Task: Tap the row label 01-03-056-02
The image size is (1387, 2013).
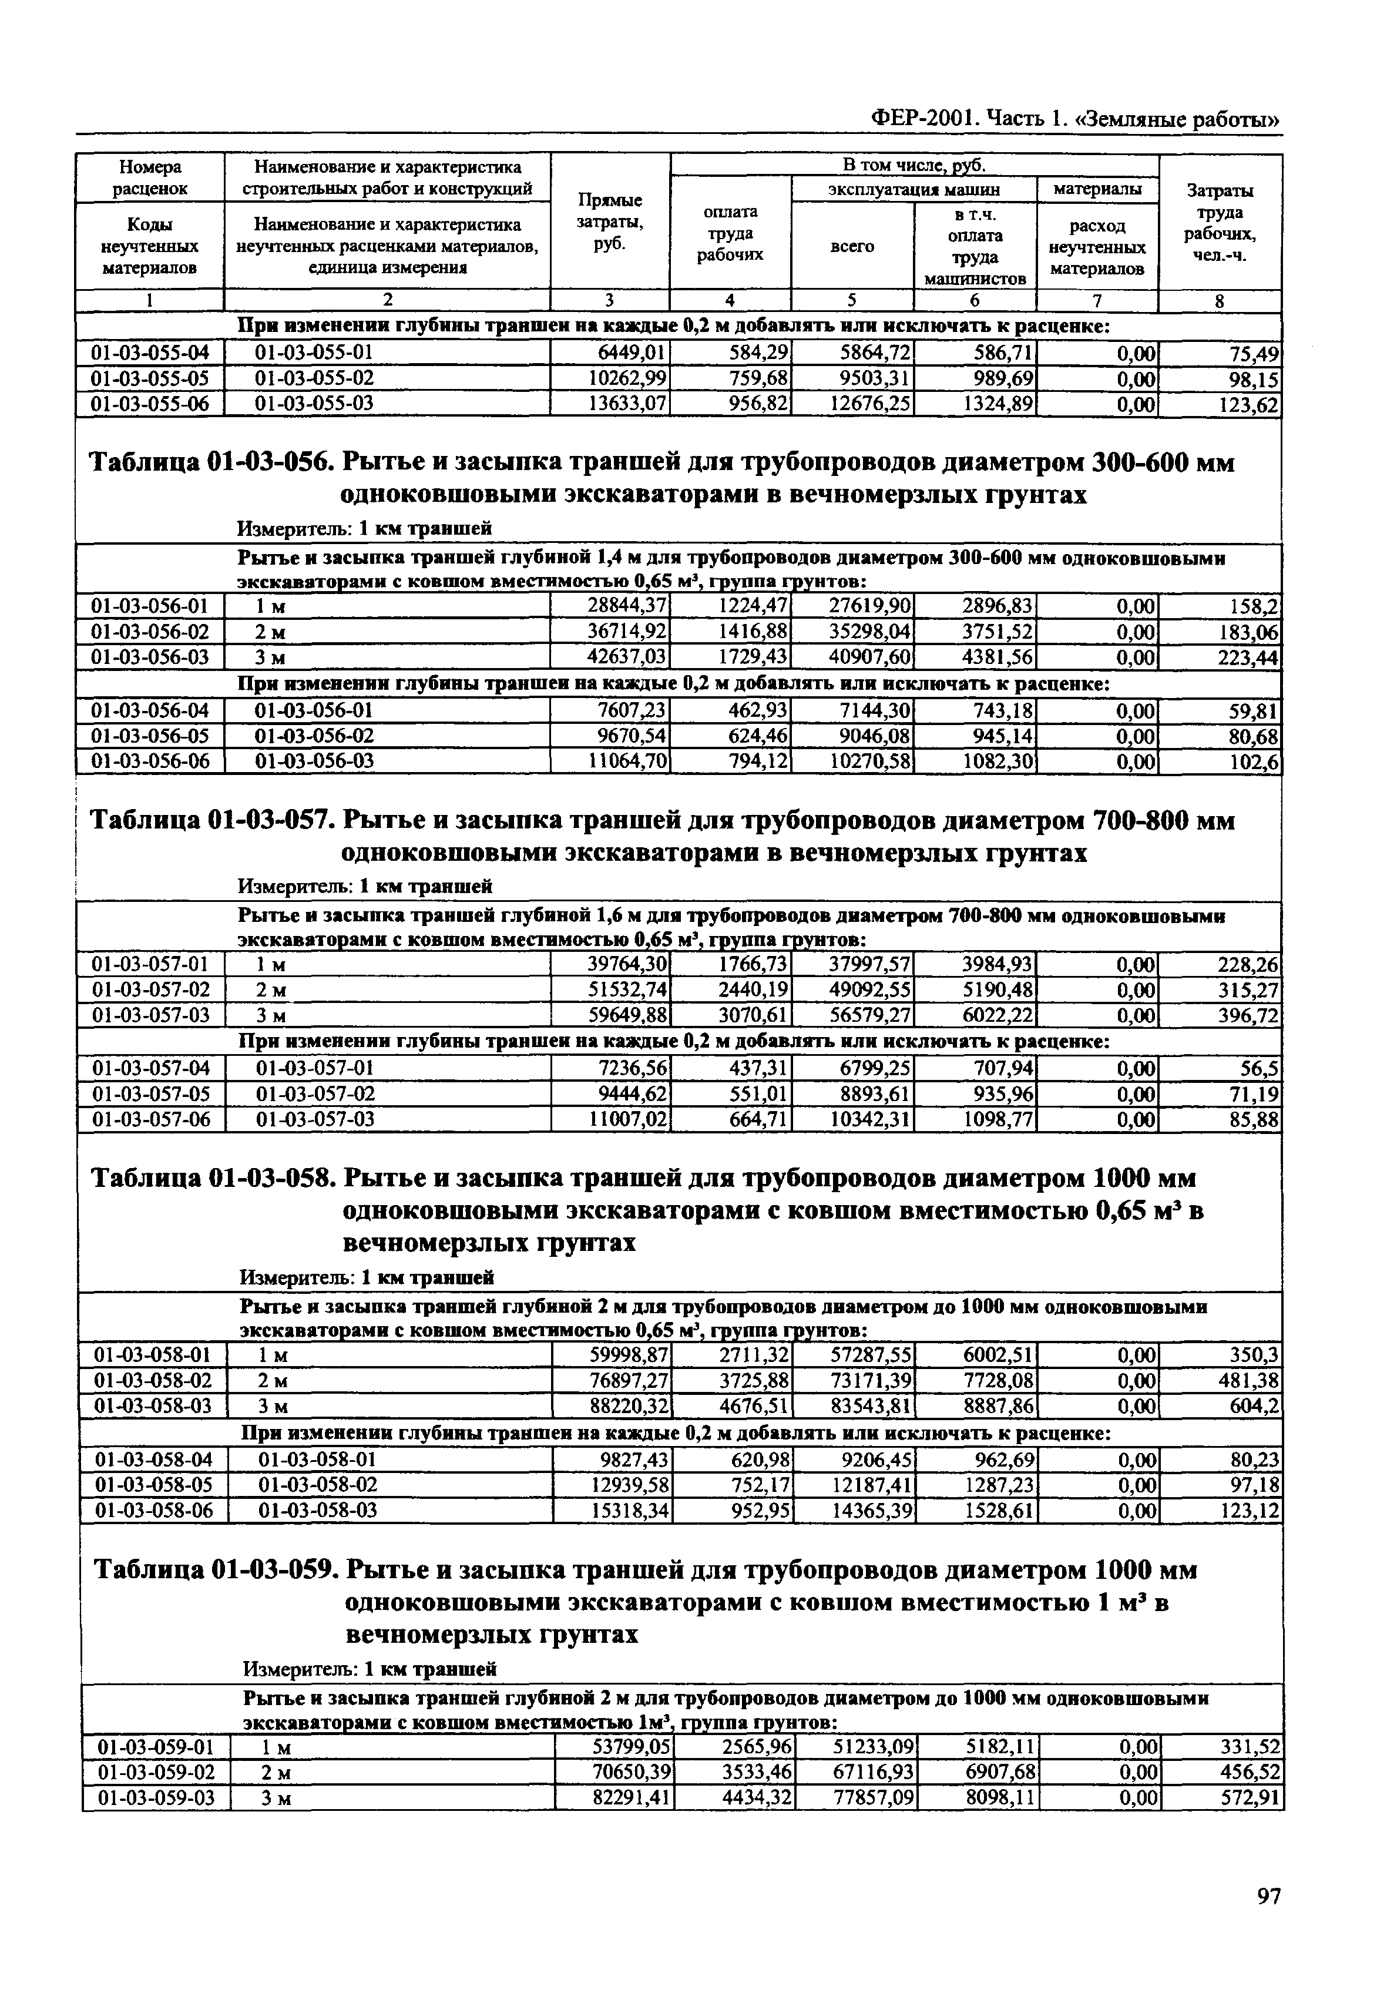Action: [150, 632]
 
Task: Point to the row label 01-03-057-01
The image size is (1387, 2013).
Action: [150, 965]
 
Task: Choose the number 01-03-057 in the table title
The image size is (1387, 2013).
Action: [270, 821]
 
